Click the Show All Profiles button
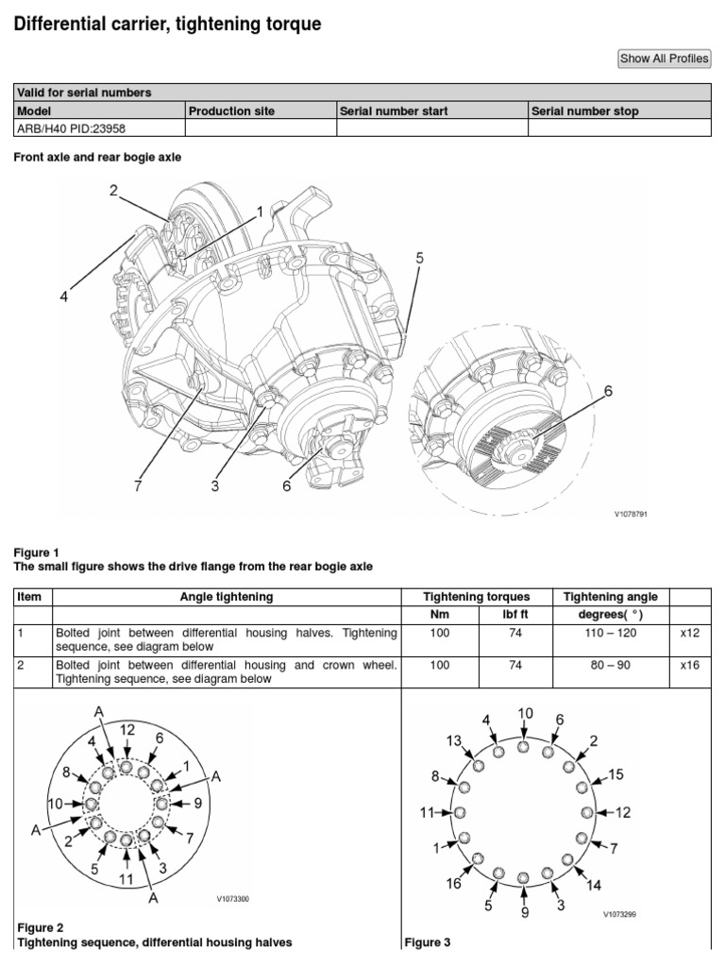(x=664, y=59)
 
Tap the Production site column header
(x=231, y=111)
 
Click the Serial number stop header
(x=585, y=111)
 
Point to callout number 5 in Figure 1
(x=419, y=258)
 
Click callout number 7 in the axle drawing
(x=138, y=486)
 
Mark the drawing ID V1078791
(x=632, y=515)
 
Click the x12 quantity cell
(x=690, y=633)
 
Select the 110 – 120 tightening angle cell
(x=611, y=633)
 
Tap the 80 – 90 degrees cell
(x=611, y=664)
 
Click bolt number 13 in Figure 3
(x=454, y=740)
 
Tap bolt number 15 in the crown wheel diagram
(x=615, y=774)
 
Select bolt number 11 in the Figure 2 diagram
(x=125, y=879)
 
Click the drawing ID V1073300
(x=232, y=899)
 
